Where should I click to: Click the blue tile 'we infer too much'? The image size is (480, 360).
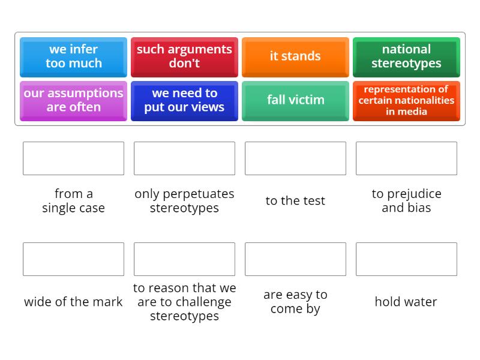tap(73, 56)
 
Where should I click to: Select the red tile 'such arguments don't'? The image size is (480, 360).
tap(184, 56)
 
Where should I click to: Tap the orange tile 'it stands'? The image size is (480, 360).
tap(295, 56)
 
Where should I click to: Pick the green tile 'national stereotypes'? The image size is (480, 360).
tap(406, 56)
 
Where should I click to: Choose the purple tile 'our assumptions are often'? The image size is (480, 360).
tap(73, 100)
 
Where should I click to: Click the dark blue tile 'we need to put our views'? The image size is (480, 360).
tap(184, 100)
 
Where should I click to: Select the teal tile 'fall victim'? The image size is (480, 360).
tap(295, 100)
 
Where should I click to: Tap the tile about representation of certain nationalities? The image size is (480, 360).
tap(406, 100)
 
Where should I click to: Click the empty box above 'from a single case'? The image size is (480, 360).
tap(73, 158)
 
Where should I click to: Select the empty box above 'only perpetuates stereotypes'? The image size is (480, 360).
tap(184, 158)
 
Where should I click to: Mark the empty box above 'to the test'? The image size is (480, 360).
tap(295, 158)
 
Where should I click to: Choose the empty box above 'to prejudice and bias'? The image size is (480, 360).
tap(406, 158)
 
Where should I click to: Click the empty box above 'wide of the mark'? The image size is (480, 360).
tap(73, 259)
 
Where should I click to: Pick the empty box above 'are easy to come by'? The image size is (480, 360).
tap(295, 259)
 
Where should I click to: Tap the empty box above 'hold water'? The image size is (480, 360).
tap(406, 259)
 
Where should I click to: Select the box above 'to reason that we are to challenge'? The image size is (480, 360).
tap(184, 259)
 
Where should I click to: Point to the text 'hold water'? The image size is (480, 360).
tap(406, 302)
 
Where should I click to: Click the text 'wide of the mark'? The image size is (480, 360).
tap(73, 302)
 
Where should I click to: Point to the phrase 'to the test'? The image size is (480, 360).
tap(295, 201)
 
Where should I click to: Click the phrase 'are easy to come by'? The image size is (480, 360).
tap(295, 302)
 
